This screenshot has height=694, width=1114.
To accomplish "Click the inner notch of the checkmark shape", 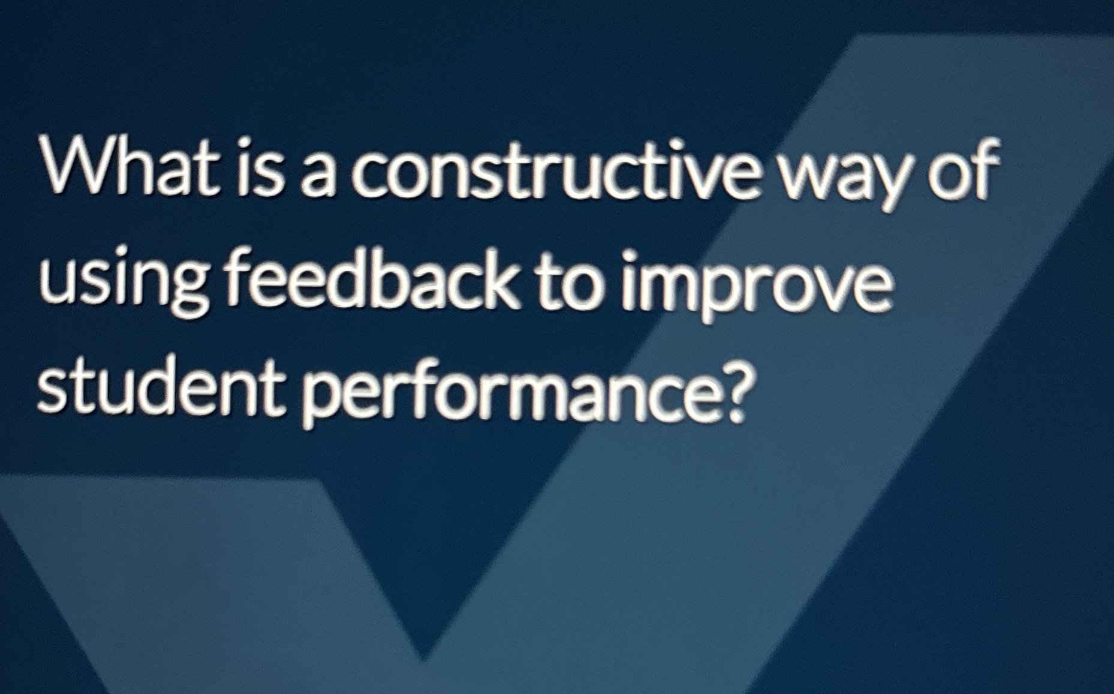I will tap(423, 657).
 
